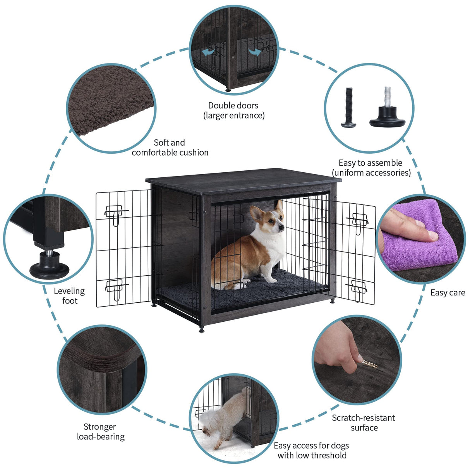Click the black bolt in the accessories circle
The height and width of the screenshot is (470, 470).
tap(348, 108)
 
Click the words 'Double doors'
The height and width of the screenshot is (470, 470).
tap(233, 105)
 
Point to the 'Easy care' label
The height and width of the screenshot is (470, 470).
tap(448, 293)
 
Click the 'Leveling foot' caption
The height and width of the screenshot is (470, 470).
tap(69, 296)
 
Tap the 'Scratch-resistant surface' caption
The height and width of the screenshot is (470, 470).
tap(364, 423)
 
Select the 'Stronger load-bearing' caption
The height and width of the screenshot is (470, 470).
tap(100, 432)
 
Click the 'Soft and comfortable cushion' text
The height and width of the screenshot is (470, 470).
tap(170, 148)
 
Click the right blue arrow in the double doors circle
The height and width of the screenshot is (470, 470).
tap(255, 52)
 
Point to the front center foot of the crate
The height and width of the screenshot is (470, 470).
tap(201, 329)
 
